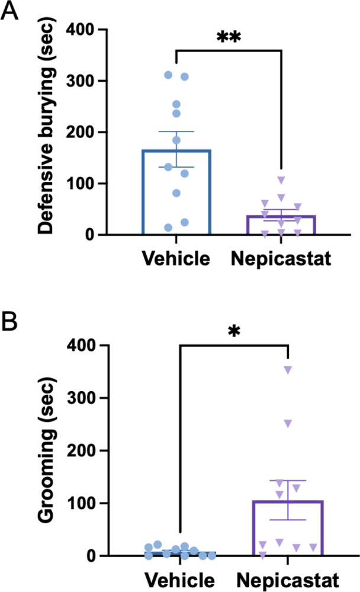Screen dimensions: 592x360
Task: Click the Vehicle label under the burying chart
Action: (175, 259)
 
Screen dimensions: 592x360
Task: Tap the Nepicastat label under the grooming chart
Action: (288, 577)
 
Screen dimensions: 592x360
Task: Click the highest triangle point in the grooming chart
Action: (288, 370)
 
